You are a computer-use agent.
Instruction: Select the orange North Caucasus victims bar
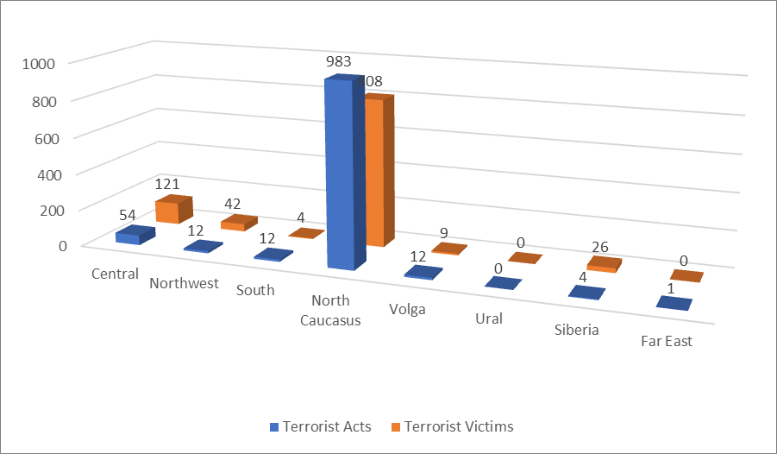pyautogui.click(x=377, y=173)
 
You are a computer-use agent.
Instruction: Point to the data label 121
pyautogui.click(x=167, y=184)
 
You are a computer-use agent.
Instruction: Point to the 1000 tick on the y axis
pyautogui.click(x=40, y=64)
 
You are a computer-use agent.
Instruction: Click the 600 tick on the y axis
pyautogui.click(x=40, y=137)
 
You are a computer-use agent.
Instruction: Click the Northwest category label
pyautogui.click(x=185, y=282)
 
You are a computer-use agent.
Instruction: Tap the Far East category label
pyautogui.click(x=667, y=341)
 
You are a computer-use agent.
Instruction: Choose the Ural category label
pyautogui.click(x=489, y=318)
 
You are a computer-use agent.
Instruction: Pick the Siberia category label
pyautogui.click(x=577, y=330)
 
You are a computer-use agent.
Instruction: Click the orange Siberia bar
pyautogui.click(x=604, y=264)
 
